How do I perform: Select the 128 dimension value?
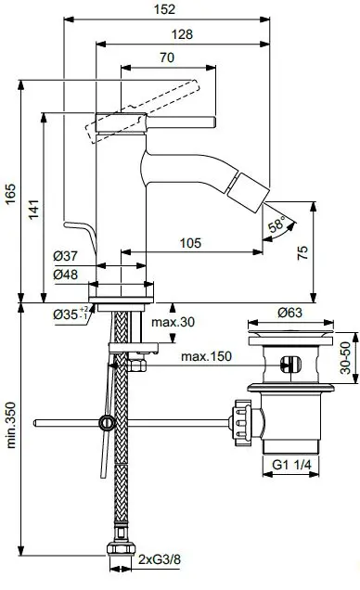point(182,33)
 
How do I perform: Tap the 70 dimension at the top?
point(168,57)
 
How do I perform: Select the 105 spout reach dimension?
point(191,243)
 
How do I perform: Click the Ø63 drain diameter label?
point(288,313)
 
